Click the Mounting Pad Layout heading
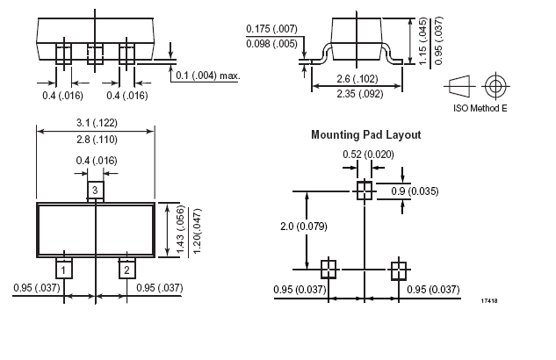click(x=365, y=135)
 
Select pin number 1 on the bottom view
click(x=64, y=269)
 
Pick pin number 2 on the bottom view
click(x=126, y=269)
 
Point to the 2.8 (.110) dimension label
click(x=96, y=140)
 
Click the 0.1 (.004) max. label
click(x=207, y=76)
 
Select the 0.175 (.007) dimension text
click(x=272, y=30)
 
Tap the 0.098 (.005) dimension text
click(x=272, y=44)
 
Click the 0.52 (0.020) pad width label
click(x=368, y=155)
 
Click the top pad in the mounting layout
click(x=364, y=191)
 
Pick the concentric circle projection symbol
click(x=495, y=87)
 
